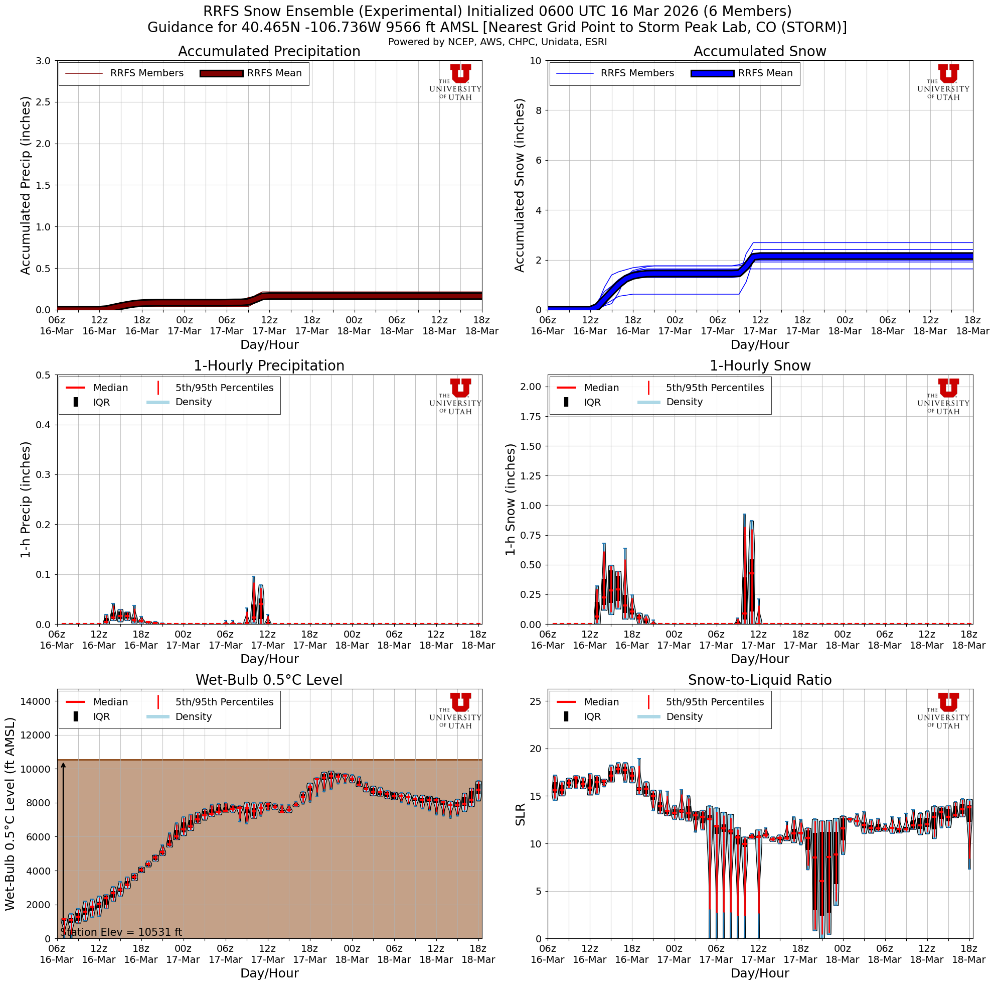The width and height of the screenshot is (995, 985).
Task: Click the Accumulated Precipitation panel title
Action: click(x=269, y=52)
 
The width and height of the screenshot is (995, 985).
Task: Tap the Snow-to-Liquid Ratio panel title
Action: click(x=760, y=680)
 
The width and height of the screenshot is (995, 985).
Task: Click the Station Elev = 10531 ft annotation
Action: click(x=121, y=932)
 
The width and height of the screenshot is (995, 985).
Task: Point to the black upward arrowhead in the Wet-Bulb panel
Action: click(x=63, y=765)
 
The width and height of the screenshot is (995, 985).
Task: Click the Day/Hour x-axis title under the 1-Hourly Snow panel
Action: click(x=760, y=659)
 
